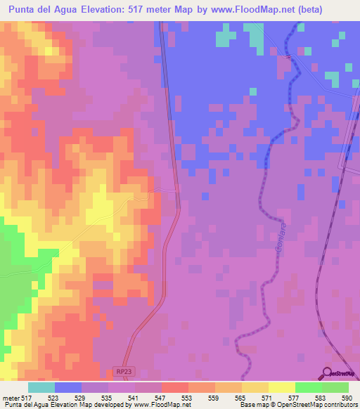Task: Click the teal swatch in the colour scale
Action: [x=41, y=387]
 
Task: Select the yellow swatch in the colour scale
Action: [x=281, y=387]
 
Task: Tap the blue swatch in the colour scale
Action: [x=68, y=387]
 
